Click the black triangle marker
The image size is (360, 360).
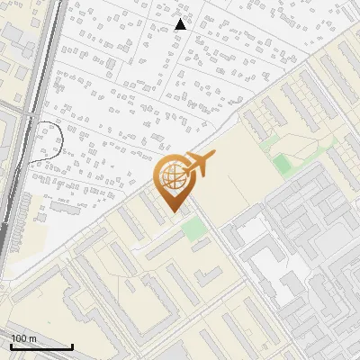coord(181,24)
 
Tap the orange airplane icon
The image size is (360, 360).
coord(199,165)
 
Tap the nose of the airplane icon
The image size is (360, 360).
coord(213,157)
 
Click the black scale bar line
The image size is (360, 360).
coord(40,347)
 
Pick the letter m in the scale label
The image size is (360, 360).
coord(32,338)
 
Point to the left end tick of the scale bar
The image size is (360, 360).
coord(10,346)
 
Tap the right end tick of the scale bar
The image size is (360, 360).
coord(72,346)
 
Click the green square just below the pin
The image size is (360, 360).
coord(193,229)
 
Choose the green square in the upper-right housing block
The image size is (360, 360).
coord(283,165)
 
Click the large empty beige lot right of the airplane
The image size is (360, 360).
coord(238,180)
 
